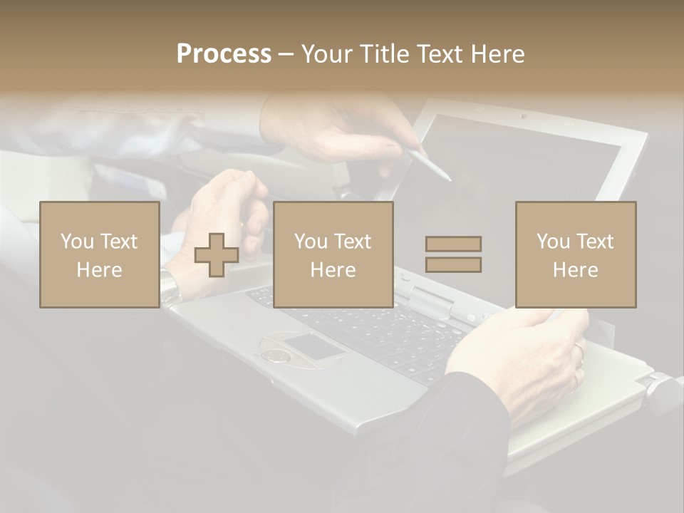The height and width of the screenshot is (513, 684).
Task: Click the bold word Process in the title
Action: click(224, 54)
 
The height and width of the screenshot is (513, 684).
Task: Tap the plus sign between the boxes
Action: click(217, 255)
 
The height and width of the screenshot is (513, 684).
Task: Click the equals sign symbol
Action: click(453, 254)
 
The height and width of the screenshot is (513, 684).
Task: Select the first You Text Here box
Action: click(100, 254)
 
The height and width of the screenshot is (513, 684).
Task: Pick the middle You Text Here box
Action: click(333, 254)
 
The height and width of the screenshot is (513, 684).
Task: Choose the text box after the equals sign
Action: click(576, 254)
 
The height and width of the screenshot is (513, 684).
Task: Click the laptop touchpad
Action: click(312, 347)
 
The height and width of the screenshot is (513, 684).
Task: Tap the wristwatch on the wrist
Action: click(170, 286)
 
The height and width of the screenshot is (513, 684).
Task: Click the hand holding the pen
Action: click(335, 128)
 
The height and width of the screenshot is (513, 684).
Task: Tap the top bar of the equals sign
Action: click(453, 244)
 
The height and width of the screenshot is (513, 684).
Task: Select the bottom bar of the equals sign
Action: click(453, 265)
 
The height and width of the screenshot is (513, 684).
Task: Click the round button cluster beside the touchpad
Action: click(274, 354)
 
